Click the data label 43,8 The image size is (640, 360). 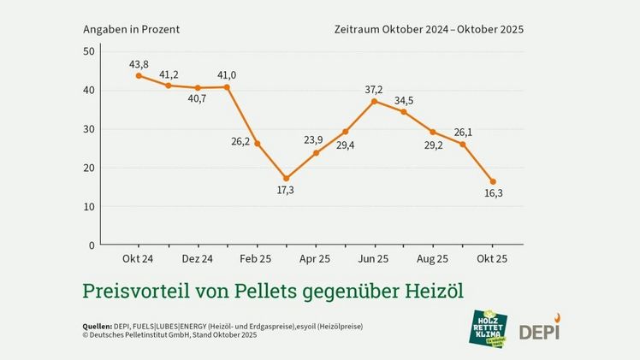139,63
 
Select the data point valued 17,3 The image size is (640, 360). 287,178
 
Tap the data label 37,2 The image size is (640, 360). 373,90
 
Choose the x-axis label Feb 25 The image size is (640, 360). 257,258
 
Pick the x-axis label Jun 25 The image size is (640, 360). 374,258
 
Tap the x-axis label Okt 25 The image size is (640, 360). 492,258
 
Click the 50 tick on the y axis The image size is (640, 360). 88,51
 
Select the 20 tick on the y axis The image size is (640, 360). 88,168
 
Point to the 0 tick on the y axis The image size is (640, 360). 92,245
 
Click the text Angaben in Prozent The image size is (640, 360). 131,28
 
